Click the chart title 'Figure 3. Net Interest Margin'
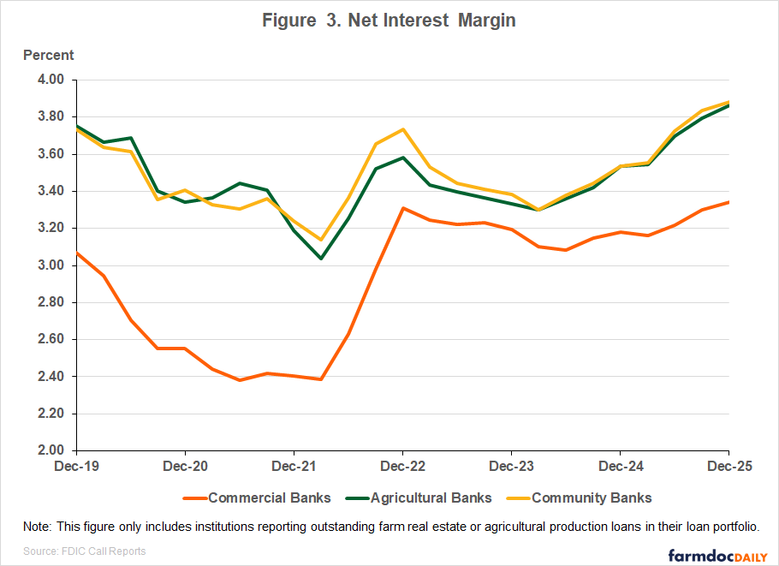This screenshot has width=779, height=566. point(389,21)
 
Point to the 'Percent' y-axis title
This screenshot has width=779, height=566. point(48,56)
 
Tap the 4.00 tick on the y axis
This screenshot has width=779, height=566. point(51,80)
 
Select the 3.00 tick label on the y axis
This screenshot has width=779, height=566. point(51,265)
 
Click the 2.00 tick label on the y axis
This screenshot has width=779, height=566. point(51,450)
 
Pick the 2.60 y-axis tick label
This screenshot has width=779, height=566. point(51,339)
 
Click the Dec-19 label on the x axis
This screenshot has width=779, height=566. point(77,468)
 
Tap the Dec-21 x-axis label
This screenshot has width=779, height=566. point(294,468)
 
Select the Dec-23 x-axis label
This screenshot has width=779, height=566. point(511,468)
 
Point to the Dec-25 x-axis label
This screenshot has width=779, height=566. point(728,468)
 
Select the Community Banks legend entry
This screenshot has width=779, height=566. point(592,498)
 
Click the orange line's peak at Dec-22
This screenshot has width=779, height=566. point(402,208)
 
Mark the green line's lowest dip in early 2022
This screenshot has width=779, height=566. point(321,259)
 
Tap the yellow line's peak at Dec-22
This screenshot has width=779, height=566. point(402,129)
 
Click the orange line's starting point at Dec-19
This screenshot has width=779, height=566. point(78,253)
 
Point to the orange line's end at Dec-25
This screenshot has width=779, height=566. point(728,202)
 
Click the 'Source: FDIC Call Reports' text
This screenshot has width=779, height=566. point(84,551)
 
